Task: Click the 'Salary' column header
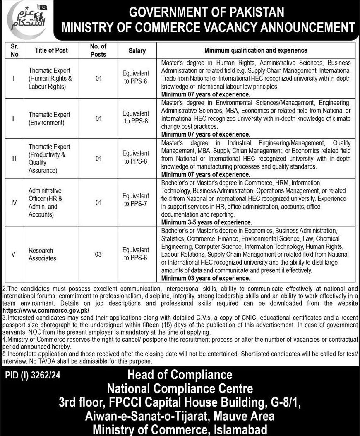coord(137,51)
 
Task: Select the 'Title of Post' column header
coord(51,50)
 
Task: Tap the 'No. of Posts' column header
coord(98,51)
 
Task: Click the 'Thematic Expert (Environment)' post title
coord(49,118)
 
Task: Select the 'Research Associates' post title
coord(42,254)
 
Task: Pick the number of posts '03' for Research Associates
coord(98,254)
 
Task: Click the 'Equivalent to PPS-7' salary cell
coord(137,200)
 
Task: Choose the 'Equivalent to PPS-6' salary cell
coord(137,254)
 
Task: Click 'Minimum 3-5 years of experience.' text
coord(206,222)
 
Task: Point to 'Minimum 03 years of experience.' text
coord(206,278)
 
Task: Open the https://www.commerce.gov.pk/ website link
coord(46,310)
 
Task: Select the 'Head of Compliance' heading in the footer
coord(180,375)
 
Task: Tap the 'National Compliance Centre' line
coord(180,389)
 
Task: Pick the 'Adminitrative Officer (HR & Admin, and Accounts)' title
coord(46,202)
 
